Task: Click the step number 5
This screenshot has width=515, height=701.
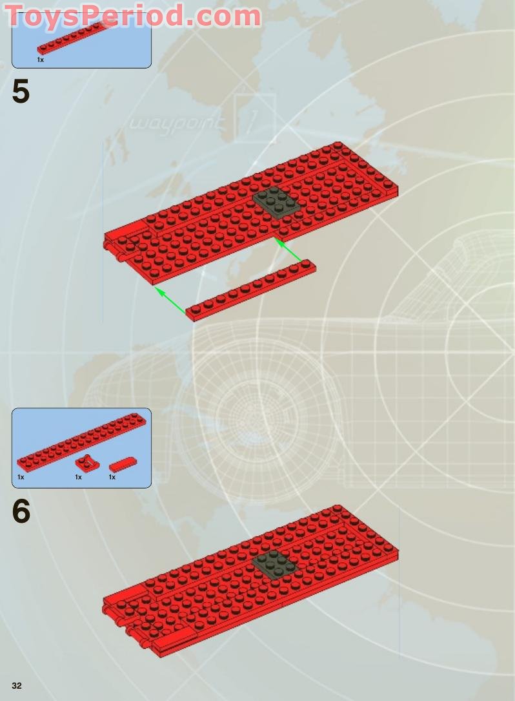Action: tap(21, 92)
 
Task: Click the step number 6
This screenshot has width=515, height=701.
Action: tap(21, 511)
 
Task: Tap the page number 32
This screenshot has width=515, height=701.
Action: tap(17, 685)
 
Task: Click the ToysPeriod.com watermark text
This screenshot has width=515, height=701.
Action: tap(133, 16)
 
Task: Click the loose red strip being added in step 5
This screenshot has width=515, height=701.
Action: tap(250, 290)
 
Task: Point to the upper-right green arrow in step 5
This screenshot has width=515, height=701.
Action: tap(288, 250)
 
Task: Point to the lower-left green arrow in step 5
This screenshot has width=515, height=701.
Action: tap(170, 300)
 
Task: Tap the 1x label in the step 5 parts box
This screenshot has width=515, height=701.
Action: tap(40, 59)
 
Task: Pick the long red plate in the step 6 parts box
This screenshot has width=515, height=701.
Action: tap(82, 442)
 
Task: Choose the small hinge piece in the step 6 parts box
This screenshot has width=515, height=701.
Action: tap(86, 462)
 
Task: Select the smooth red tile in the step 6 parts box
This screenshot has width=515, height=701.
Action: tap(123, 465)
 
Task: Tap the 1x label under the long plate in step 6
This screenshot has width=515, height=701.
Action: tap(21, 477)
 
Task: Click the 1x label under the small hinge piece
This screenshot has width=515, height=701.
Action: tap(78, 477)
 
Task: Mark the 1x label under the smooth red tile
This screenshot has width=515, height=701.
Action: tap(112, 477)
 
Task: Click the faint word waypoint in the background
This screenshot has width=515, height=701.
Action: tap(176, 123)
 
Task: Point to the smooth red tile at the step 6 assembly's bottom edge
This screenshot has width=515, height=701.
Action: tap(174, 640)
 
